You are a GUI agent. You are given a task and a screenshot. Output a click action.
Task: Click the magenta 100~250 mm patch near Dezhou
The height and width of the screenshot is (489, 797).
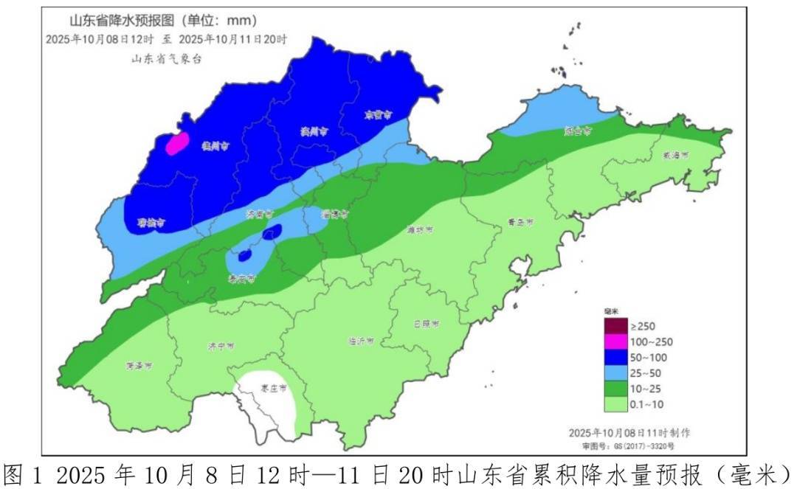[x=177, y=143]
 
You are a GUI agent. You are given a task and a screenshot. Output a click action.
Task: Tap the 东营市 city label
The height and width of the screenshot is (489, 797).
[x=378, y=115]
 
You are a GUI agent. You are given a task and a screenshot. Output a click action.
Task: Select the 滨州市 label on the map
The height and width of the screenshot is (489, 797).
[x=314, y=131]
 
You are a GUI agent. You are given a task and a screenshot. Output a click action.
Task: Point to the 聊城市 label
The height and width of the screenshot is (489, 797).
[x=151, y=222]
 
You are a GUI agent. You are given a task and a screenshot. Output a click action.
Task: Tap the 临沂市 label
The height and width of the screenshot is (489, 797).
[x=360, y=341]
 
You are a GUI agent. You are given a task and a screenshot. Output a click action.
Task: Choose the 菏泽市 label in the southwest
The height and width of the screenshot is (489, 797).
[x=139, y=366]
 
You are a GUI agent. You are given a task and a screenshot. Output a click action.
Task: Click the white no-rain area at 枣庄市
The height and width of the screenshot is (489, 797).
[x=266, y=402]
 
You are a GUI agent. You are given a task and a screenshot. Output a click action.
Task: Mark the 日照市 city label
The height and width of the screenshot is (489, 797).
[x=426, y=324]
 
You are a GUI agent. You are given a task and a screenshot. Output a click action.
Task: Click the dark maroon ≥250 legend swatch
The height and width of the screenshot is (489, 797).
[x=615, y=325]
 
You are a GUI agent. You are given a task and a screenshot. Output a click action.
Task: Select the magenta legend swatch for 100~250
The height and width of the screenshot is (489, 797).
[x=615, y=341]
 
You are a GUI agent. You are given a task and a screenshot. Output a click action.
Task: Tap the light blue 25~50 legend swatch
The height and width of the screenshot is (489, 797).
[x=615, y=372]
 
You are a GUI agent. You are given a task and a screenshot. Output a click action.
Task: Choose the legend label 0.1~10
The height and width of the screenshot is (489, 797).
[x=647, y=404]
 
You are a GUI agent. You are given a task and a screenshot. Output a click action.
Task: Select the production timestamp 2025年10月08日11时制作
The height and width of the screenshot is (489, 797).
[x=629, y=432]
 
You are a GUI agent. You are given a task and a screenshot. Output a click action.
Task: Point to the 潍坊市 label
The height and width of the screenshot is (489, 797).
[x=420, y=230]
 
